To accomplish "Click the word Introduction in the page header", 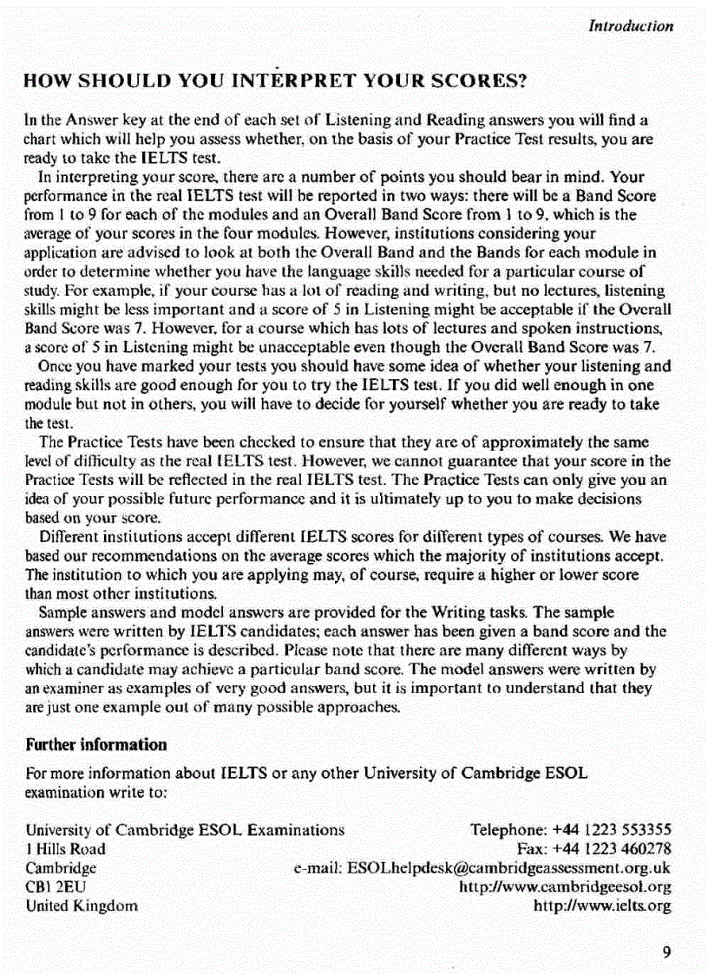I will click(631, 26).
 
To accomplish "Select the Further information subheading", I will click(96, 744).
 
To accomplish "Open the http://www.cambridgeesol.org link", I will click(565, 887).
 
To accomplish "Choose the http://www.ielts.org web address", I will click(604, 906).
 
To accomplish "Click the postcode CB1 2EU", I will click(56, 887).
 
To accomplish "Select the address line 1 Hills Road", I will click(66, 849).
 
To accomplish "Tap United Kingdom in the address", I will click(82, 906).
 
